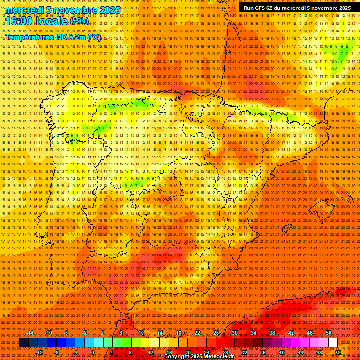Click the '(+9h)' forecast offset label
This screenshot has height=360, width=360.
point(79,21)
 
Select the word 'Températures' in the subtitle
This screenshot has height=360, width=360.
point(30,37)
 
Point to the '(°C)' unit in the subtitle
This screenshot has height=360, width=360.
point(94,37)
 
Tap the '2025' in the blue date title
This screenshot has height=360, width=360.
point(110,10)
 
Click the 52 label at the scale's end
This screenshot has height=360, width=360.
point(338,352)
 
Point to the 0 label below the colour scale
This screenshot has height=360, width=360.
point(93,352)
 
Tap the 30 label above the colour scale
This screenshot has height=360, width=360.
point(234,333)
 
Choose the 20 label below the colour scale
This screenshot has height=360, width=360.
point(187,352)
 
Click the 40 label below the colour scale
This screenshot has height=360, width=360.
point(281,352)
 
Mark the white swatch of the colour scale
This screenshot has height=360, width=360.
point(333,342)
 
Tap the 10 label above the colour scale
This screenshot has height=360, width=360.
point(141,333)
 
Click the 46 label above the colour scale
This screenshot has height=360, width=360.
point(309,333)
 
